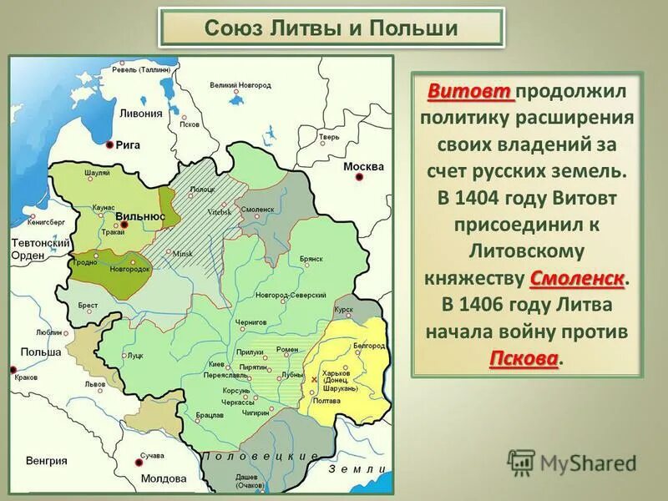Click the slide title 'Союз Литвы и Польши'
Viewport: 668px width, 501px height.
pyautogui.click(x=331, y=28)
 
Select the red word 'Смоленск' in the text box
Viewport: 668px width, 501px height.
pyautogui.click(x=577, y=277)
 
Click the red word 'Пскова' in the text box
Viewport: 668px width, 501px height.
pyautogui.click(x=524, y=358)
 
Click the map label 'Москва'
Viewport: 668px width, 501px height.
pyautogui.click(x=363, y=166)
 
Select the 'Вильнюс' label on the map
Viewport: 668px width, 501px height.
pyautogui.click(x=140, y=215)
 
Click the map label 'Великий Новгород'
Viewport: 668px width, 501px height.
pyautogui.click(x=240, y=85)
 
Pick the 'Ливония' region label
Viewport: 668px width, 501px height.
pyautogui.click(x=139, y=114)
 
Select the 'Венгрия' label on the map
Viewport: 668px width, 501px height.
pyautogui.click(x=46, y=460)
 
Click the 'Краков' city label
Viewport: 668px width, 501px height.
pyautogui.click(x=26, y=377)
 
